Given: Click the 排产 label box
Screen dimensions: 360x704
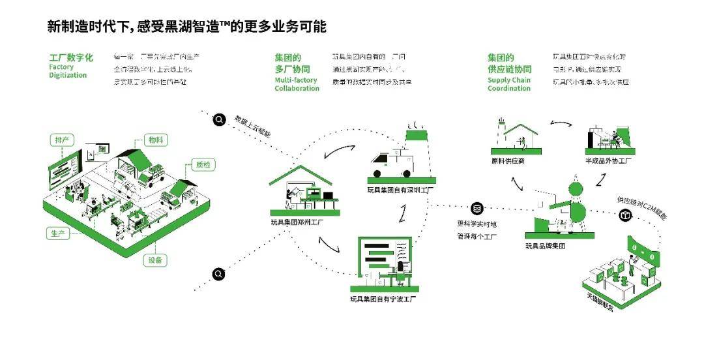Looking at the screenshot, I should pyautogui.click(x=62, y=140).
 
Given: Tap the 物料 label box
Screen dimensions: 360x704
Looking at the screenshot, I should pyautogui.click(x=155, y=140).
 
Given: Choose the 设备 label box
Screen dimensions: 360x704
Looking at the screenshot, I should pyautogui.click(x=154, y=260).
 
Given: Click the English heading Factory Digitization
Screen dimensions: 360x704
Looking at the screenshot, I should pyautogui.click(x=68, y=71).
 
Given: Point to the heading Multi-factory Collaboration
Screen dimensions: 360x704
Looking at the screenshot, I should pyautogui.click(x=297, y=84).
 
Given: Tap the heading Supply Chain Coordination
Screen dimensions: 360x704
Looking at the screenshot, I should pyautogui.click(x=509, y=84).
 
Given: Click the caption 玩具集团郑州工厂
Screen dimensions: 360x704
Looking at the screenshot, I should pyautogui.click(x=298, y=222).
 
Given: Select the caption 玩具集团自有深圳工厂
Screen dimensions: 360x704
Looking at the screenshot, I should pyautogui.click(x=401, y=190).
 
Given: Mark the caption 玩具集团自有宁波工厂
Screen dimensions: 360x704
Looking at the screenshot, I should pyautogui.click(x=383, y=299).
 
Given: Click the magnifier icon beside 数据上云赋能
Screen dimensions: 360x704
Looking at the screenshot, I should pyautogui.click(x=220, y=119).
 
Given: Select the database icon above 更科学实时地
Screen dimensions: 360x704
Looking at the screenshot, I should pyautogui.click(x=477, y=208).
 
